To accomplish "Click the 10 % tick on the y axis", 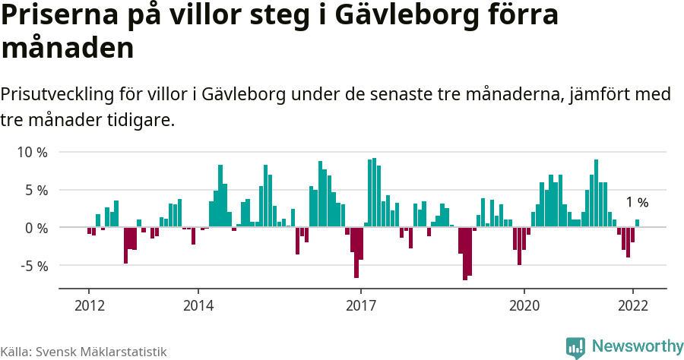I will click(32, 152).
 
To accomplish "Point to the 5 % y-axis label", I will click(36, 190).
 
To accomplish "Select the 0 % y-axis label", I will click(36, 228).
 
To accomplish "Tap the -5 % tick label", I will click(33, 266).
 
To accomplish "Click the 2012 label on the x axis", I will click(89, 306).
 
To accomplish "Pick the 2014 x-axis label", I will click(198, 306).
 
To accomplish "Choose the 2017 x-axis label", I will click(360, 306).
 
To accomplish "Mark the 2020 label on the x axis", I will click(524, 306).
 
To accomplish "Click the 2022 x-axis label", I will click(632, 306).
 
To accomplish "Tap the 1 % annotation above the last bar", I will click(637, 203).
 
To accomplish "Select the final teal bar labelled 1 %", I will click(637, 223).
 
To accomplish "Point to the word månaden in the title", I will click(68, 48).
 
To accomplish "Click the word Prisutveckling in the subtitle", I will click(58, 95).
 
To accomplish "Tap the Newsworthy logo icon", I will click(575, 347).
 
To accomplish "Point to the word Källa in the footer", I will click(16, 352).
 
